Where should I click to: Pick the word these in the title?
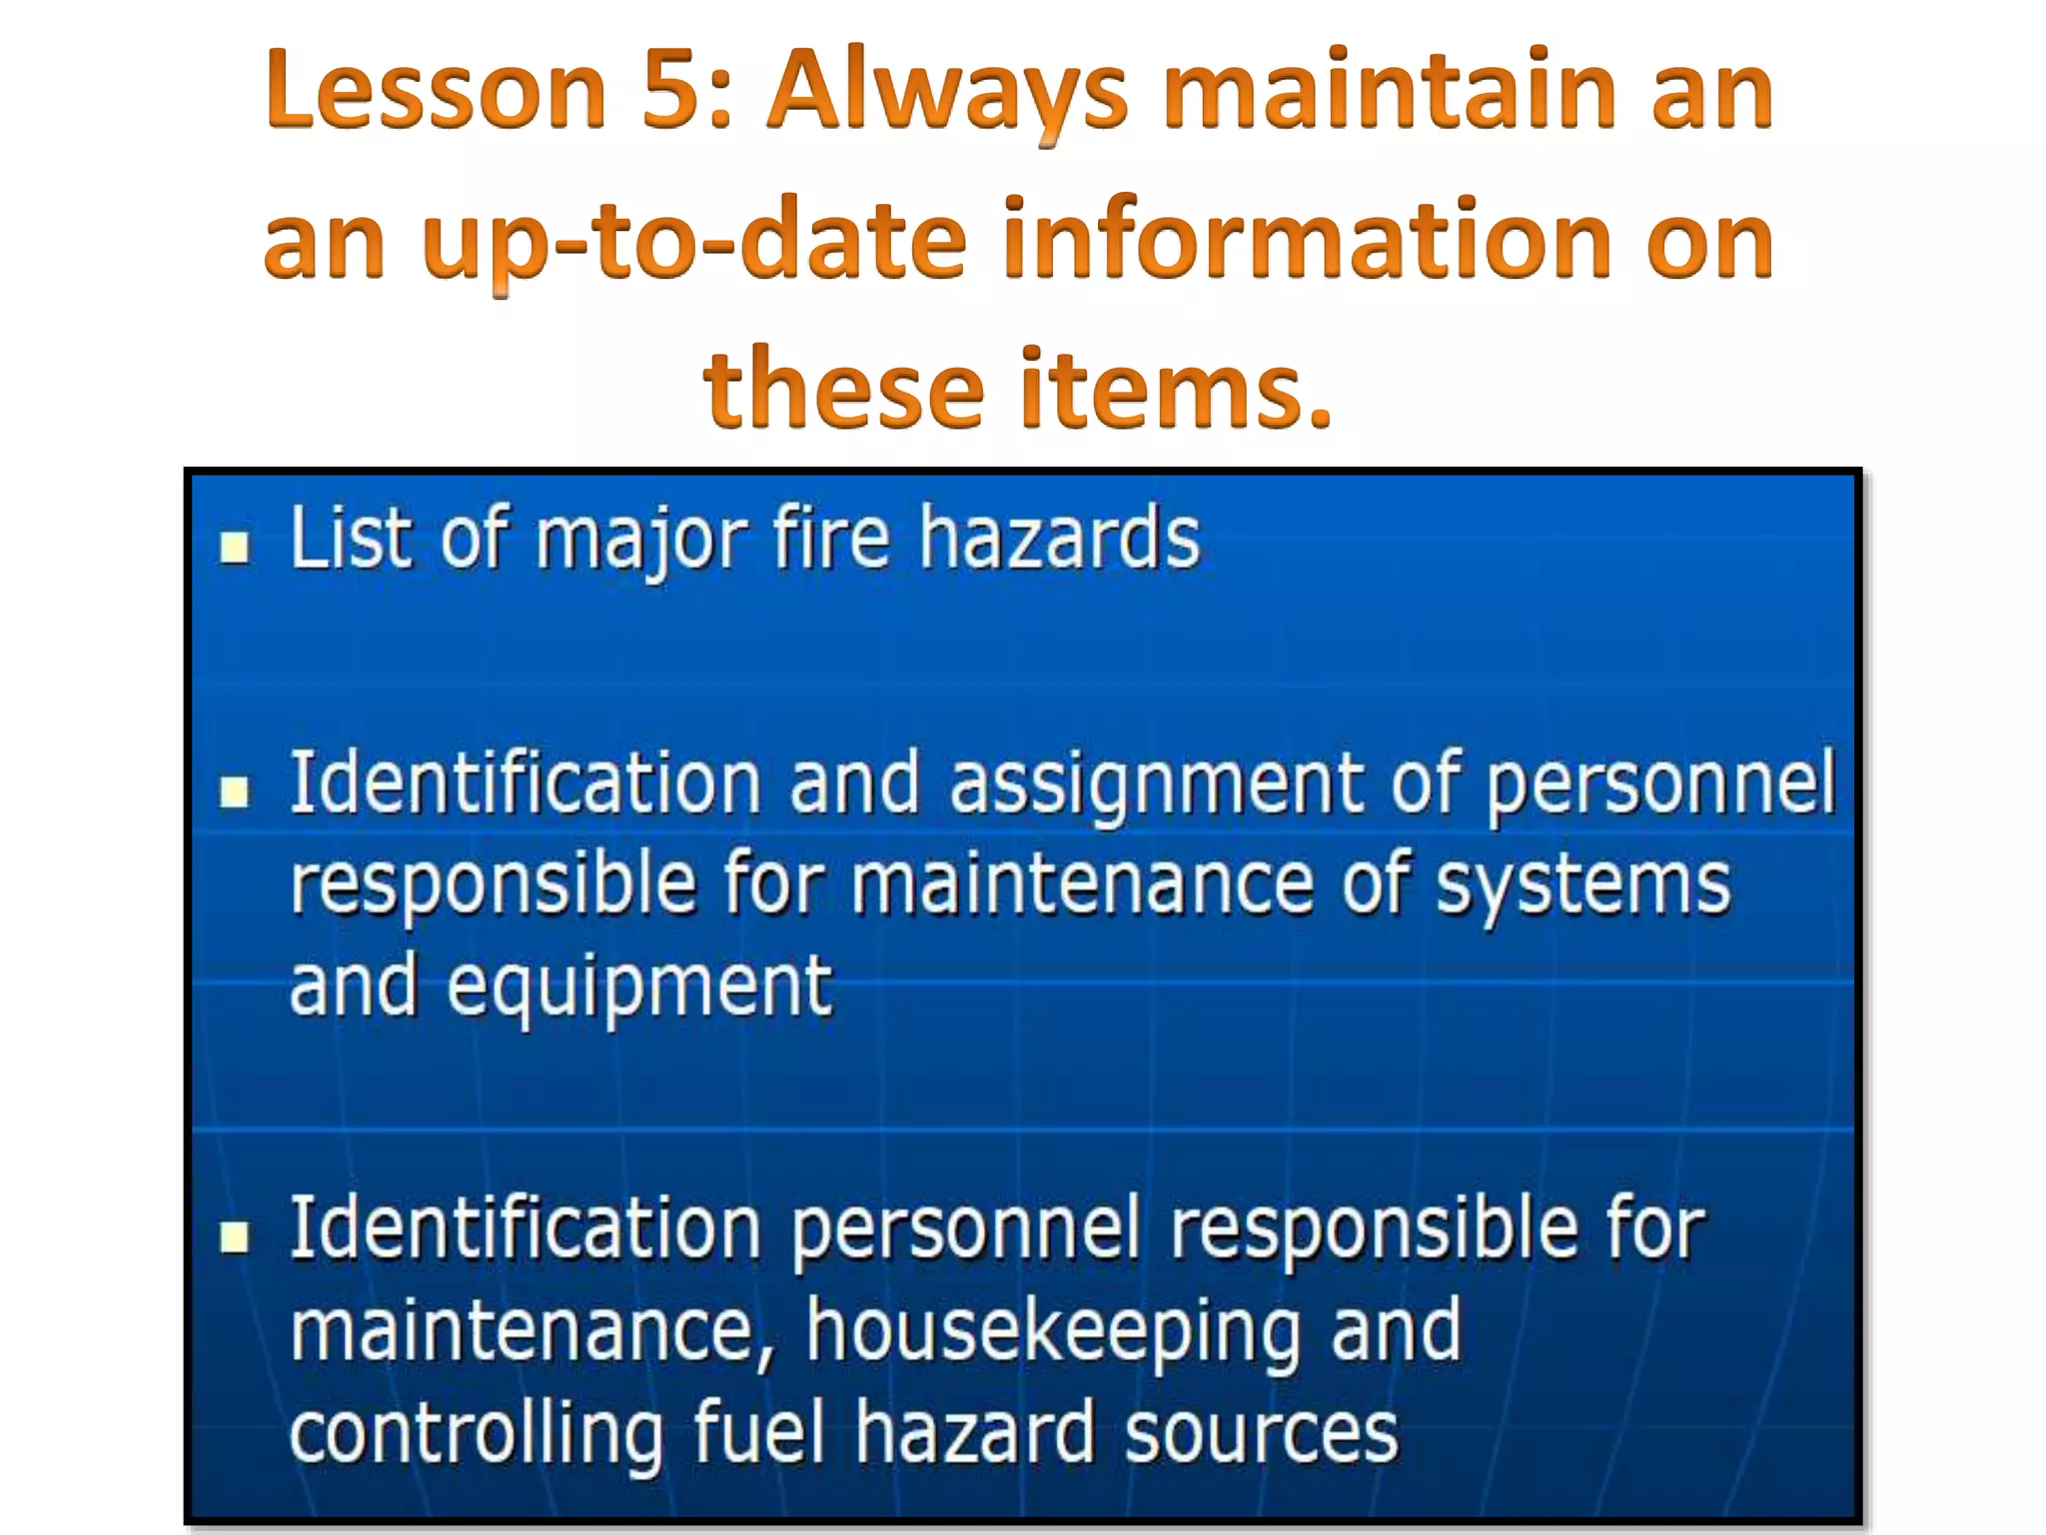click(x=844, y=388)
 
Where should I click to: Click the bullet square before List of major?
click(x=235, y=547)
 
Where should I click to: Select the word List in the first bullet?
click(x=351, y=540)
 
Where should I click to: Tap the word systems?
click(x=1582, y=885)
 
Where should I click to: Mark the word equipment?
click(x=639, y=987)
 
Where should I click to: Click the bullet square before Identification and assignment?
click(x=235, y=792)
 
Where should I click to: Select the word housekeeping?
click(x=1055, y=1333)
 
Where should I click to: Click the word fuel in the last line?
click(x=759, y=1431)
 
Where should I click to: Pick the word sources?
click(x=1262, y=1433)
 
